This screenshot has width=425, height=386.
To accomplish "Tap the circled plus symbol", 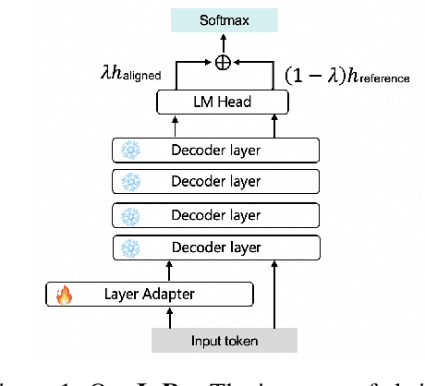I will (222, 63).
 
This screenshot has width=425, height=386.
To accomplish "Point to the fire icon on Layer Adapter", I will (64, 296).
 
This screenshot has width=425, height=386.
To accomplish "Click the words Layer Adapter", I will (156, 296).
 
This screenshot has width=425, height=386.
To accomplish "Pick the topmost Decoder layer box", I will (214, 149).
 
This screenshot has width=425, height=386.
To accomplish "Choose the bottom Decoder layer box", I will (214, 247).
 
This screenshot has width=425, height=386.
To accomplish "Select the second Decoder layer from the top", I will (214, 181).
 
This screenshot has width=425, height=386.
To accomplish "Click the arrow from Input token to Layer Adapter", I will (170, 317).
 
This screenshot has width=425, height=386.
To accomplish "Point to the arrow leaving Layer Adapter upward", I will (170, 271).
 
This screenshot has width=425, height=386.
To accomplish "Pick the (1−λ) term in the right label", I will (312, 76).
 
